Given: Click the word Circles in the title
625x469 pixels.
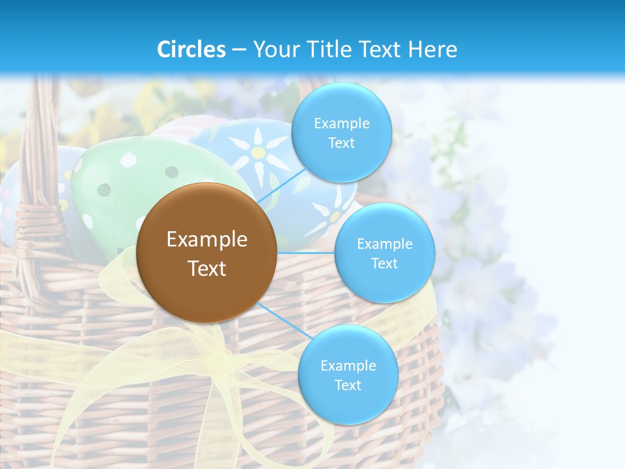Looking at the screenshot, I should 191,50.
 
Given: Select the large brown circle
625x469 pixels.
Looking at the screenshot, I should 206,253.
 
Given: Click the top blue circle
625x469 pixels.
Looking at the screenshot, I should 341,132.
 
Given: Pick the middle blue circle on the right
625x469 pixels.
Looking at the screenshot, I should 384,253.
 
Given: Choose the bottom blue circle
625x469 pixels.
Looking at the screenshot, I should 348,375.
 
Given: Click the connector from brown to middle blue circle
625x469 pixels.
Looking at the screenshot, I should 306,253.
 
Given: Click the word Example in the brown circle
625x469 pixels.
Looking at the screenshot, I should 206,240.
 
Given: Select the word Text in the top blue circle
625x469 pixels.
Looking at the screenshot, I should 341,143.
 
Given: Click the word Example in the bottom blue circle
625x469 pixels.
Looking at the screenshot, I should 348,365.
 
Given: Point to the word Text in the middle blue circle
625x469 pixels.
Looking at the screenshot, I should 384,263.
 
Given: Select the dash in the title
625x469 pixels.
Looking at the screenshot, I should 239,50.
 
